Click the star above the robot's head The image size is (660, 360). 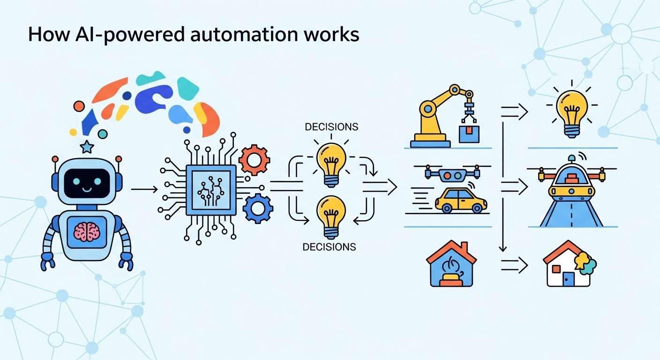point(87,147)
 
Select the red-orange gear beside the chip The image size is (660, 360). point(254,160)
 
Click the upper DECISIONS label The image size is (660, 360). point(331,127)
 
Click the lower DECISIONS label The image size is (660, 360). point(329,247)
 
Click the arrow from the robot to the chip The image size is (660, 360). point(144,189)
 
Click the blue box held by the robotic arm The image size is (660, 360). point(469,135)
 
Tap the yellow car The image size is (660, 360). point(461,201)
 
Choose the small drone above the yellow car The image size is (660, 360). point(452,173)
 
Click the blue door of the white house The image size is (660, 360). point(569,279)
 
